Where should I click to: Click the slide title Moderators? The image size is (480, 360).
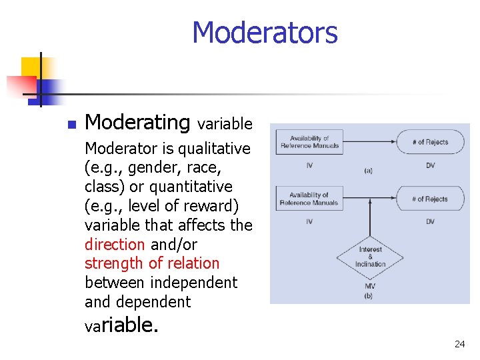[265, 32]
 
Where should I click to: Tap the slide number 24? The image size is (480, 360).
[459, 344]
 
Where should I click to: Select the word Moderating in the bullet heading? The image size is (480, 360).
[137, 123]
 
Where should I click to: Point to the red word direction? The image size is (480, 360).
[114, 245]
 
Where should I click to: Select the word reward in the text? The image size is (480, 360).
[208, 206]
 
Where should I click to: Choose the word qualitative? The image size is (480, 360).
[208, 149]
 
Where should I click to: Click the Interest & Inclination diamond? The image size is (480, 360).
[370, 257]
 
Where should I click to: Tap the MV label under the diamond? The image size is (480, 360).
[369, 285]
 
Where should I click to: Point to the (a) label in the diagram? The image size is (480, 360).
[368, 171]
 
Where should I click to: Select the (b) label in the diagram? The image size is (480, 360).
[369, 295]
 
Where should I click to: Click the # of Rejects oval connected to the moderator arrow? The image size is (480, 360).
[430, 199]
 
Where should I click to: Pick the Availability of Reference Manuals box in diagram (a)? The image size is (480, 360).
[309, 142]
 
